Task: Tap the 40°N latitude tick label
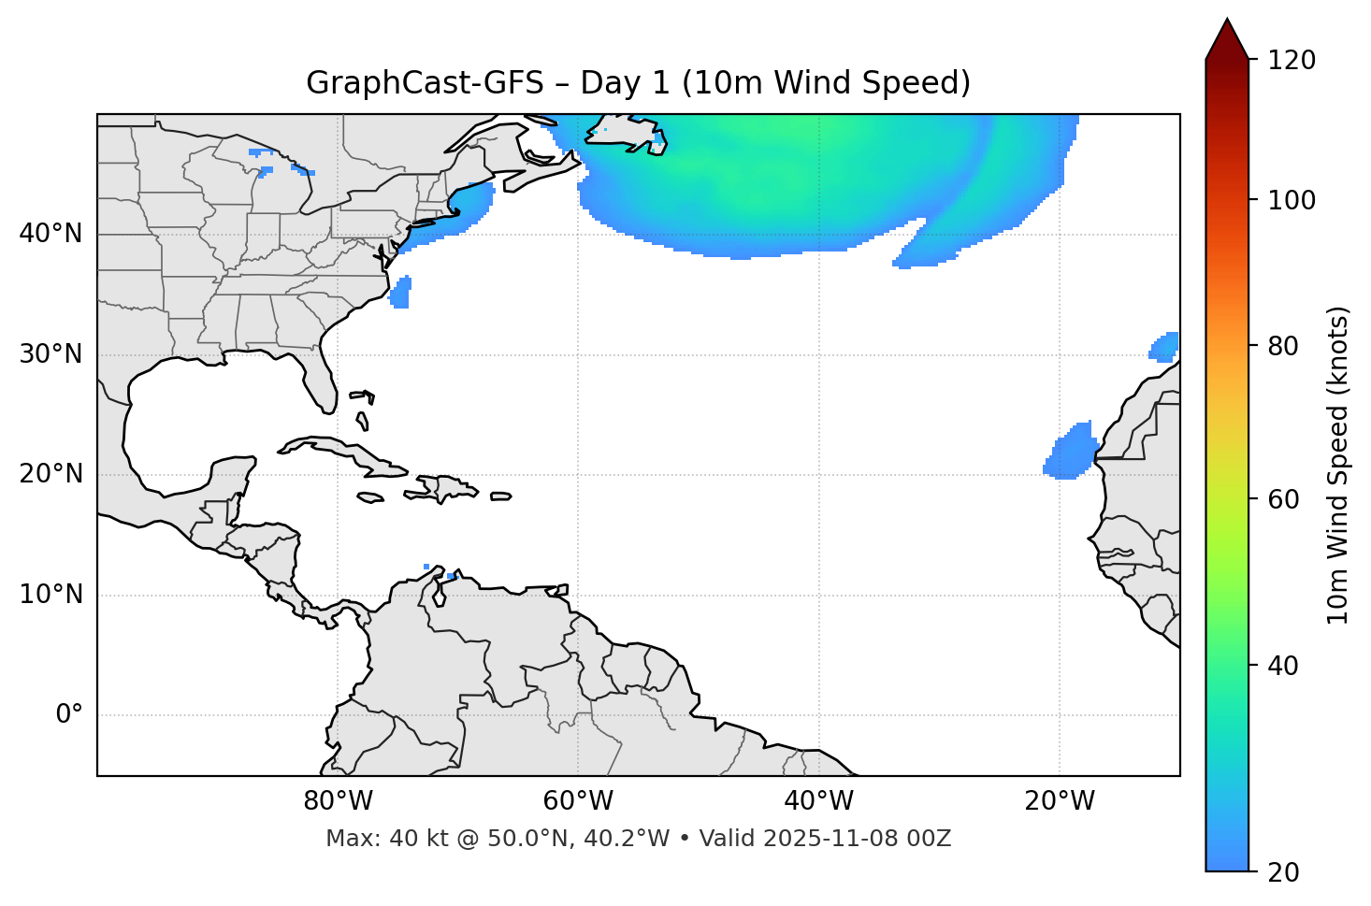(51, 234)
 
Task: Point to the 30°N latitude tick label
(51, 354)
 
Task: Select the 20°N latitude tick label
(51, 474)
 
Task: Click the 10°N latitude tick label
(51, 595)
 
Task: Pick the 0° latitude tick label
(68, 715)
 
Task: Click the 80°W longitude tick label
(338, 801)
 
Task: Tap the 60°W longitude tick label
(578, 801)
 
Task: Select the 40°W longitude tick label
(818, 801)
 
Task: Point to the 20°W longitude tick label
(1059, 801)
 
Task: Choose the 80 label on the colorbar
(1283, 346)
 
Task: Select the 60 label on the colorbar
(1283, 499)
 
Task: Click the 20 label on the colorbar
(1283, 872)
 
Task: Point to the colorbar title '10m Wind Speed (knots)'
(1337, 465)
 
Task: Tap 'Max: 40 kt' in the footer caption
(368, 839)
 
